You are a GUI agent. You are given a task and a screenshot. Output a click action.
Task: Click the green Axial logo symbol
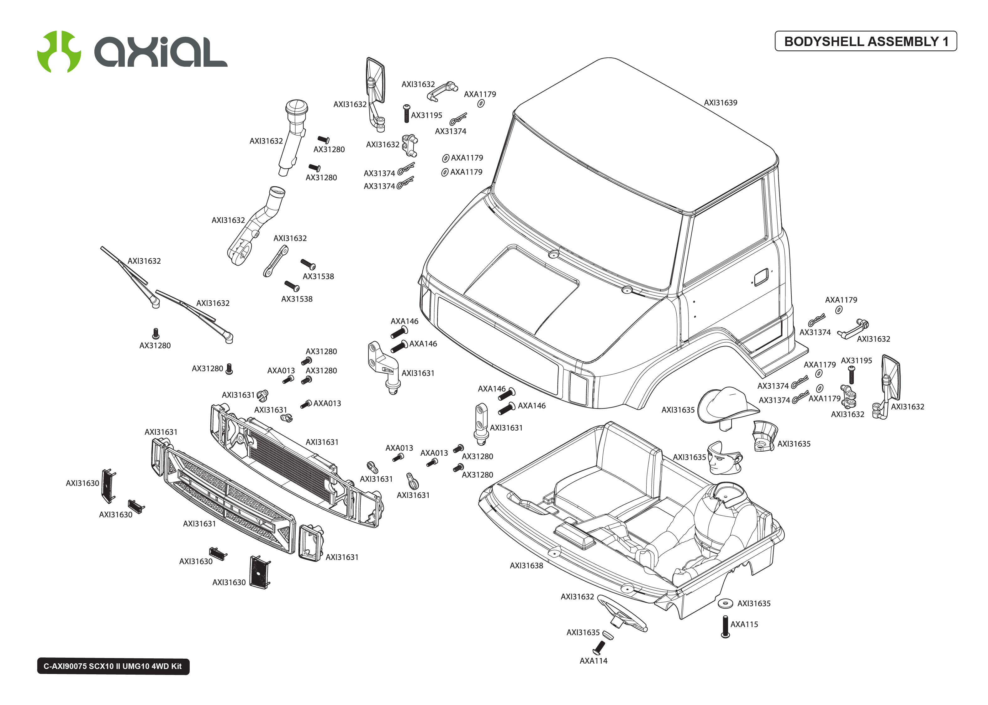click(x=59, y=51)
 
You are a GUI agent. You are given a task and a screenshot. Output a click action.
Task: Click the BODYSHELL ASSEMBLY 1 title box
click(x=865, y=41)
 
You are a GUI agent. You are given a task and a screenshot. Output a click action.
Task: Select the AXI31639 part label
click(x=720, y=102)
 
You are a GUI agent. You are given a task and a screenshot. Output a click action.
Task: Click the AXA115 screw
click(x=725, y=626)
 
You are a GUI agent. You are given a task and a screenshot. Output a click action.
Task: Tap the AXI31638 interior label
click(x=526, y=565)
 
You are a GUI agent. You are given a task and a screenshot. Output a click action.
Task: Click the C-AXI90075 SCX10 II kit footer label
click(x=113, y=666)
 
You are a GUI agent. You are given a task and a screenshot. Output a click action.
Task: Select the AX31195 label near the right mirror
click(x=856, y=360)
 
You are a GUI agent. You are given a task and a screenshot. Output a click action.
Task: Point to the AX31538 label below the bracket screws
click(x=296, y=299)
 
